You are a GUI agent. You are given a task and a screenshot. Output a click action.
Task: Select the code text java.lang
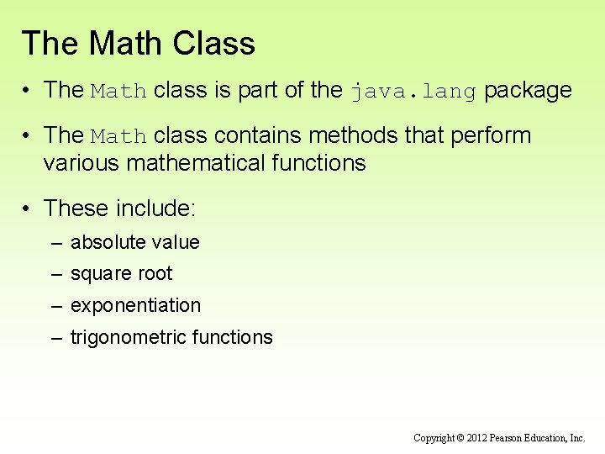(x=414, y=91)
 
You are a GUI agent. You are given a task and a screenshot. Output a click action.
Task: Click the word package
(x=529, y=91)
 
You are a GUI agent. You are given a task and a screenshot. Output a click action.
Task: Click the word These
(x=78, y=208)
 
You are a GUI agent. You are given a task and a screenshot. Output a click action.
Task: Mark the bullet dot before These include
(x=29, y=208)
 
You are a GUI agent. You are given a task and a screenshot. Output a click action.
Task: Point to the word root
(x=157, y=274)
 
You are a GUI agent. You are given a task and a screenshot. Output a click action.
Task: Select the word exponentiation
(x=136, y=305)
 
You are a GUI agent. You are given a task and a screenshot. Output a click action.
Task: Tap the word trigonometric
(x=129, y=337)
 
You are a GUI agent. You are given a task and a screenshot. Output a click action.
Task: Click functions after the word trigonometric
(x=233, y=337)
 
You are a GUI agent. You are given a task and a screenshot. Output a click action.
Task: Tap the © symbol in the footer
(x=460, y=438)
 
